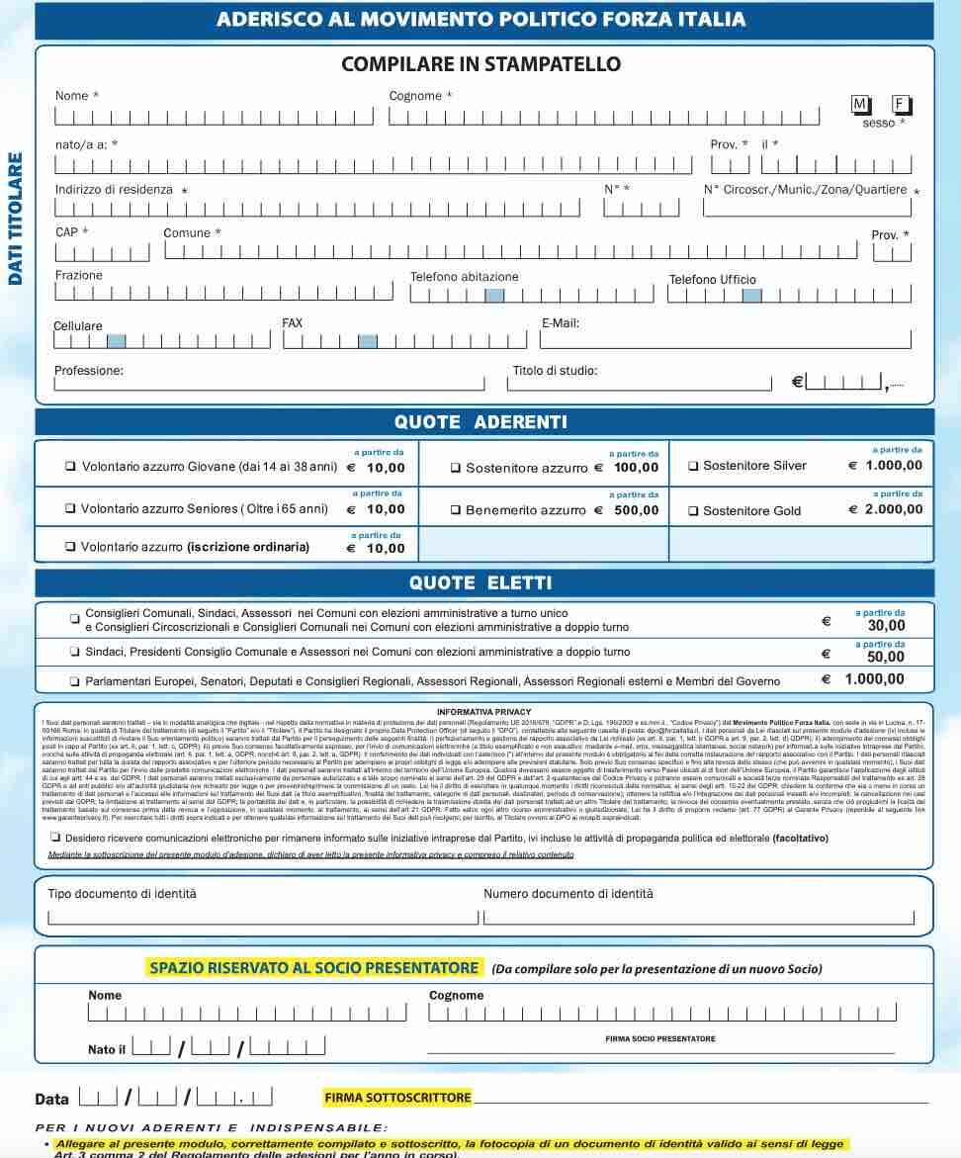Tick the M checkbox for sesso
click(x=859, y=104)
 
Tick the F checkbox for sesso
click(x=900, y=104)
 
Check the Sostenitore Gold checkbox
click(x=693, y=510)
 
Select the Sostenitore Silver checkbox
click(x=693, y=466)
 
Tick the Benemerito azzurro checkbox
click(x=456, y=510)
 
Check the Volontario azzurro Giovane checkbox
click(x=70, y=466)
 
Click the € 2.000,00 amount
click(x=886, y=509)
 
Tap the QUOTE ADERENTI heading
click(x=480, y=422)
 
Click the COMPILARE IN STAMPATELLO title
click(x=480, y=65)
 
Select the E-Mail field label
click(x=561, y=323)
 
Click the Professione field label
click(x=89, y=371)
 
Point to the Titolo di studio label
click(x=555, y=372)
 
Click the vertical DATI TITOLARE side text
click(x=15, y=219)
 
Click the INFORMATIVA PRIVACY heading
click(x=483, y=711)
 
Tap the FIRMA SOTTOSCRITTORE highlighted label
click(x=397, y=1098)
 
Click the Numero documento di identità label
click(x=568, y=894)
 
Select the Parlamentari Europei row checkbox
click(x=75, y=681)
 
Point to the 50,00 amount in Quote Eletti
click(x=886, y=657)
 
